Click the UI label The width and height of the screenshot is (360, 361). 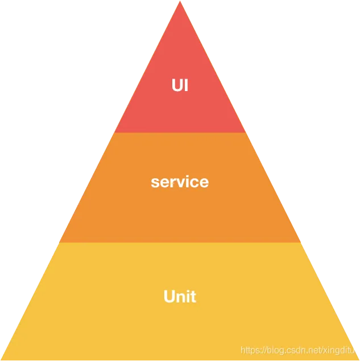[x=180, y=85]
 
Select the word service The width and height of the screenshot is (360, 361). [x=180, y=182]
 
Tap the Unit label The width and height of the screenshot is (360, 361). [x=180, y=297]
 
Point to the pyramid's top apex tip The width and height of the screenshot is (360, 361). [x=180, y=2]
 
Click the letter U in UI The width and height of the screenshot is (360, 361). [x=177, y=85]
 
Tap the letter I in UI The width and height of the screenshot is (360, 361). [x=185, y=85]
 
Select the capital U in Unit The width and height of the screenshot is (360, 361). [x=169, y=297]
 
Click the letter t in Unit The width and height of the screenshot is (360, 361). [x=193, y=297]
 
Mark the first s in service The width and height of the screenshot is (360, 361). [x=154, y=183]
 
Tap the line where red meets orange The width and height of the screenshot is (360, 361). [x=180, y=133]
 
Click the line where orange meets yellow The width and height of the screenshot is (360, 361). [x=180, y=243]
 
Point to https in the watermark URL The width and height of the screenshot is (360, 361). [x=251, y=350]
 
